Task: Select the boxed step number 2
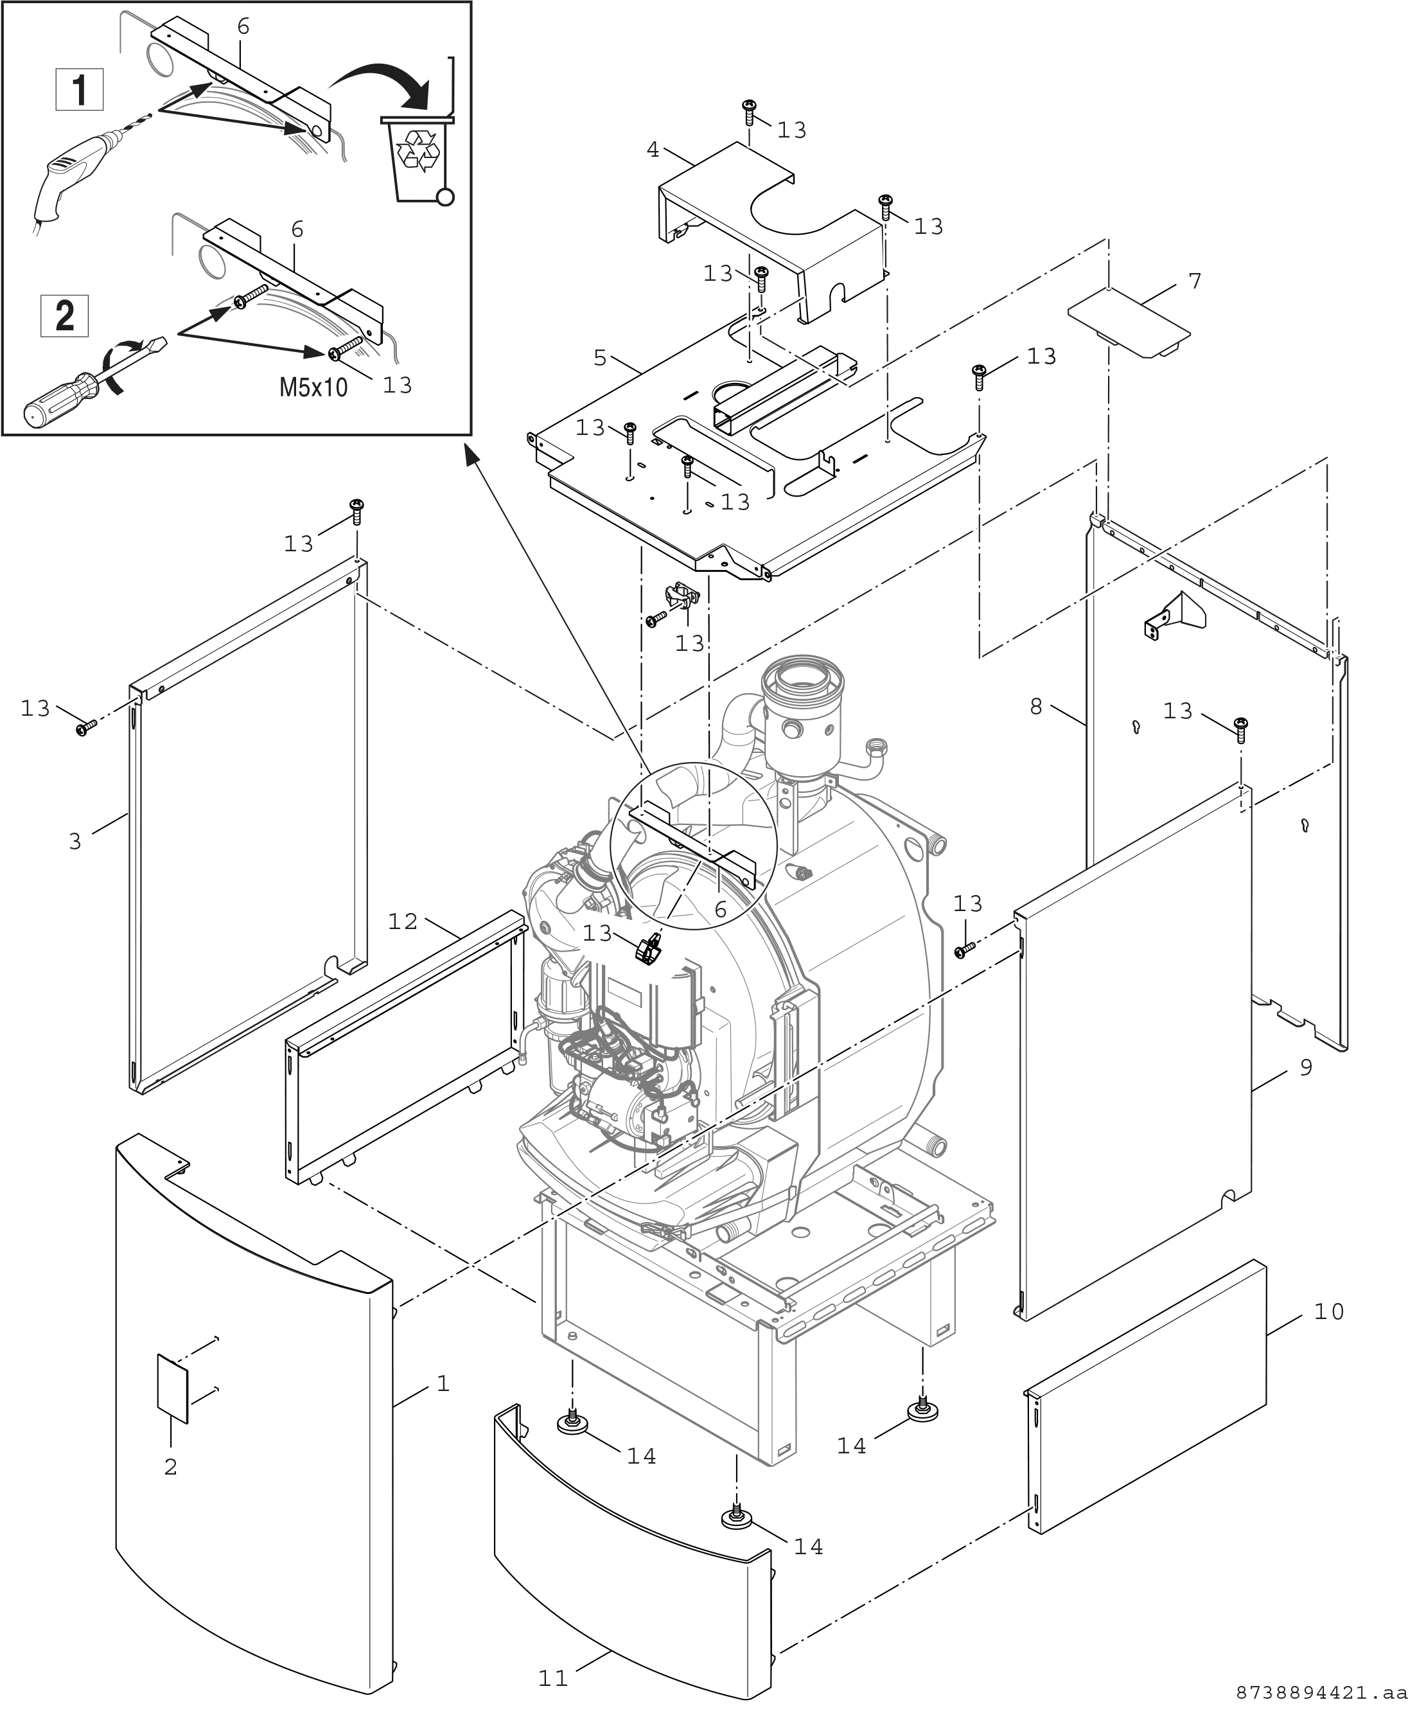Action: click(x=65, y=315)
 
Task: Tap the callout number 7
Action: click(x=1194, y=281)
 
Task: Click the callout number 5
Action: click(x=599, y=358)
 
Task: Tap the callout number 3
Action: click(x=75, y=841)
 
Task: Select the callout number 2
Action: click(x=170, y=1467)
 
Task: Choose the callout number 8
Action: click(x=1035, y=707)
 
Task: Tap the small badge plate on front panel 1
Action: click(x=172, y=1388)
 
